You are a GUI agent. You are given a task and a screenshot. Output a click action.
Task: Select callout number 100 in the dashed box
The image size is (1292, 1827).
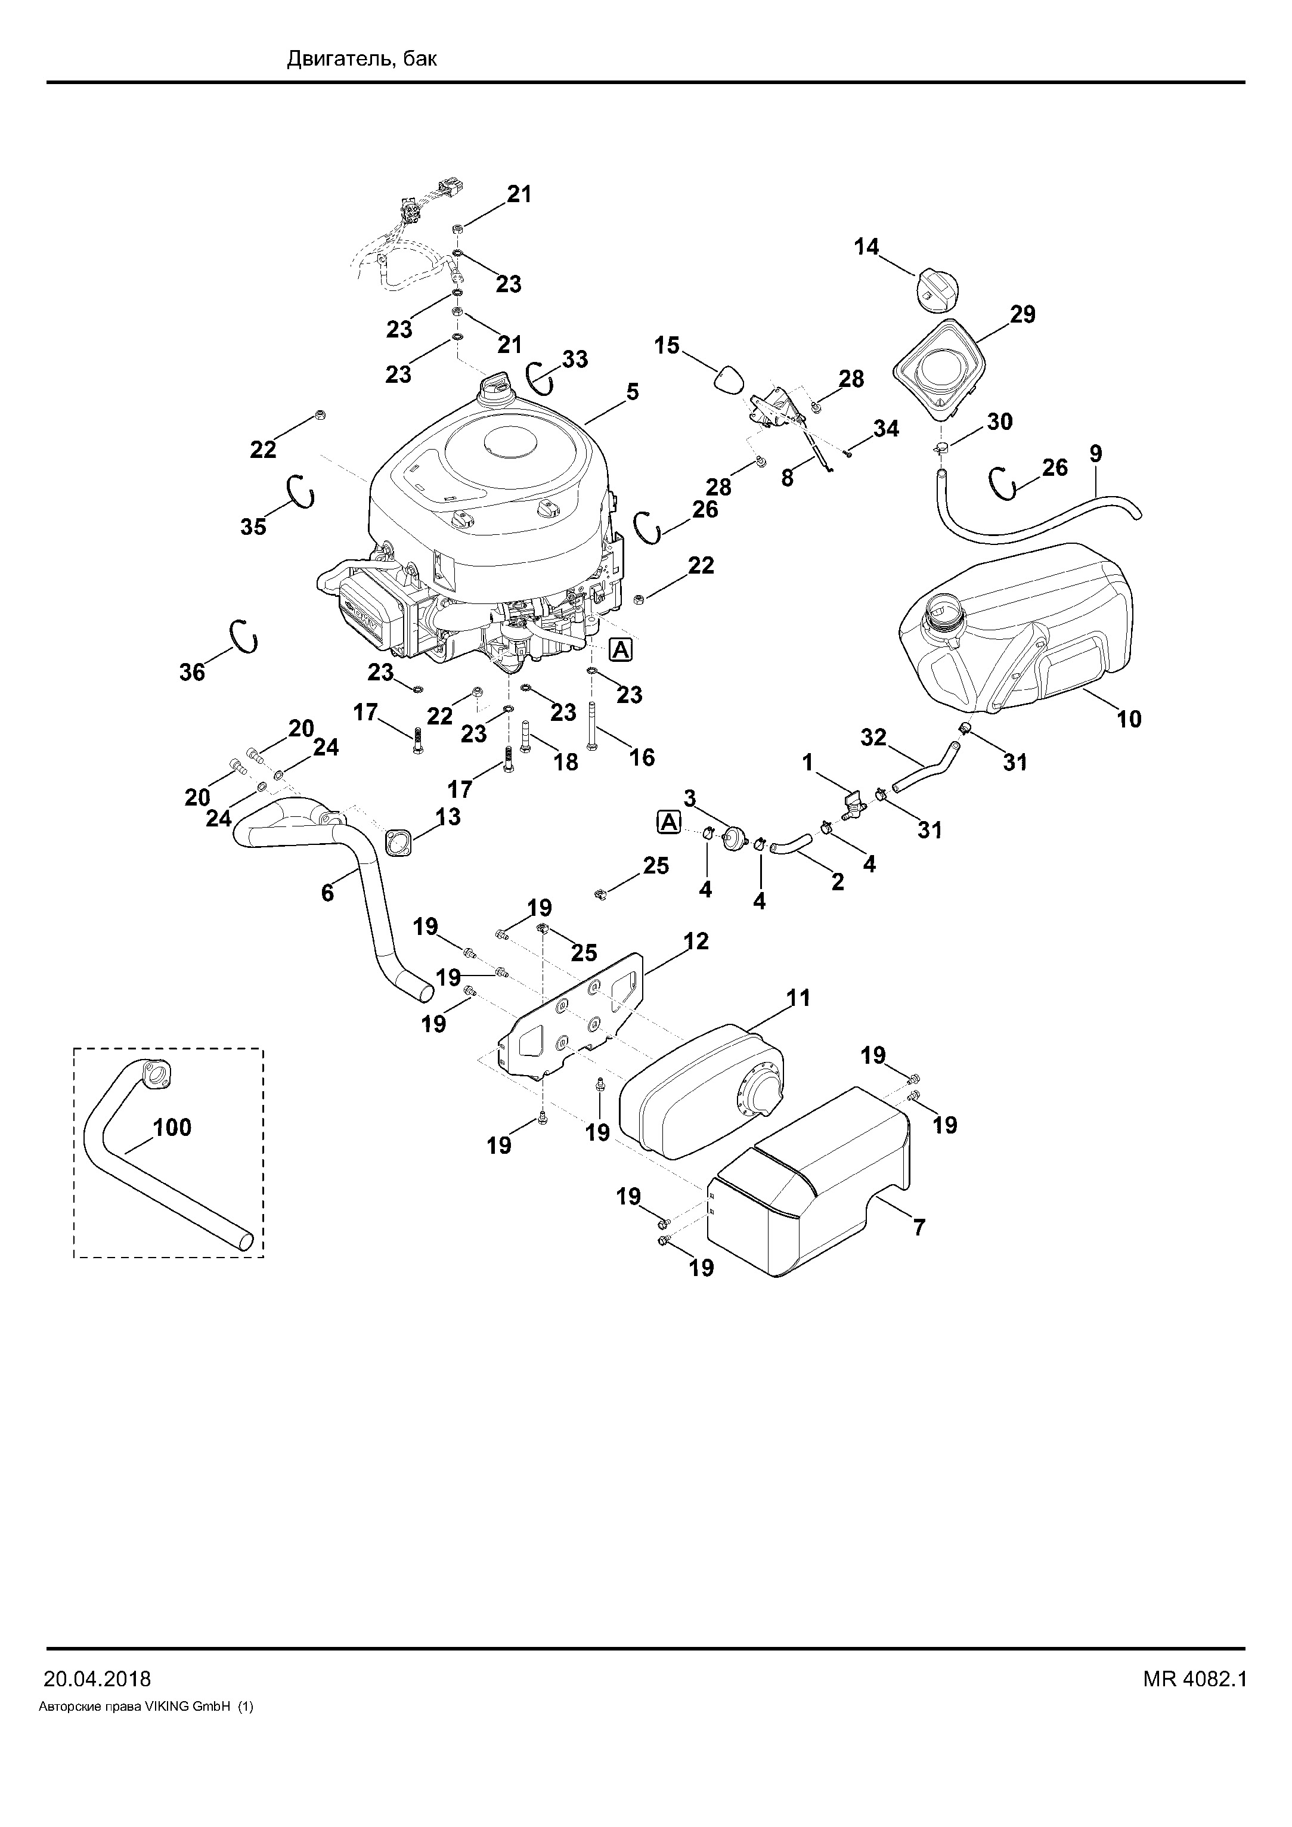172,1128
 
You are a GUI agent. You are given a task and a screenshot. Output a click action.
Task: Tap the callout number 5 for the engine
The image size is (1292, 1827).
633,392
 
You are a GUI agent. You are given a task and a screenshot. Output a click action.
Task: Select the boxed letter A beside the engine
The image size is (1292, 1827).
621,650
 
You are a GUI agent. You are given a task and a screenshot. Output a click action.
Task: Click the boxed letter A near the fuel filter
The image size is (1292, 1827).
669,822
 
